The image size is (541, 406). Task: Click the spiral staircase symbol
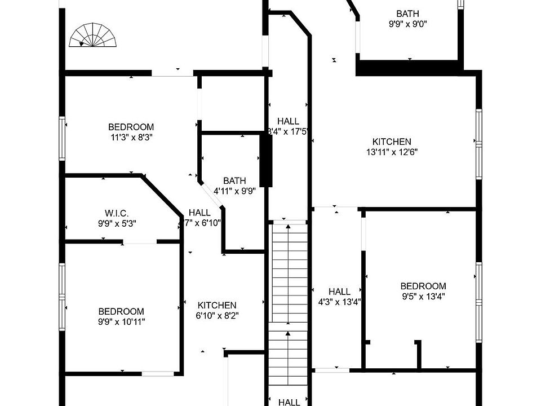pyautogui.click(x=93, y=35)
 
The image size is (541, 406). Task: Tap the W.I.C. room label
pyautogui.click(x=117, y=213)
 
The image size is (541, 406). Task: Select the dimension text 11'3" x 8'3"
pyautogui.click(x=131, y=136)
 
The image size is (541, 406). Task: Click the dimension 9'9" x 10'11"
pyautogui.click(x=121, y=321)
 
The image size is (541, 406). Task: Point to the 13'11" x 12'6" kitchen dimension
pyautogui.click(x=392, y=151)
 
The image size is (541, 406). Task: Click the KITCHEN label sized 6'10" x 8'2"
pyautogui.click(x=217, y=305)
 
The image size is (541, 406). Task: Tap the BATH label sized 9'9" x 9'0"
pyautogui.click(x=407, y=14)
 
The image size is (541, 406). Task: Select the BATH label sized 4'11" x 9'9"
pyautogui.click(x=234, y=181)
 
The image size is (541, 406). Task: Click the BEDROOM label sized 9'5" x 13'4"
pyautogui.click(x=423, y=286)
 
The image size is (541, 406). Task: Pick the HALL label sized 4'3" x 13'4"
pyautogui.click(x=339, y=292)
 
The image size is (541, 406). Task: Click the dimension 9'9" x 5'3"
pyautogui.click(x=117, y=223)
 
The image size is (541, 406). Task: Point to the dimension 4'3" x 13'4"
pyautogui.click(x=339, y=301)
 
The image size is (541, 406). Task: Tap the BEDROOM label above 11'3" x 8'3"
pyautogui.click(x=131, y=127)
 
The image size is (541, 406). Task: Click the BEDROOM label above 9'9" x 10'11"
pyautogui.click(x=121, y=311)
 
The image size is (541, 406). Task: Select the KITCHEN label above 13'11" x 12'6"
pyautogui.click(x=392, y=142)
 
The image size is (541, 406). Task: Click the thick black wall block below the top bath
pyautogui.click(x=409, y=67)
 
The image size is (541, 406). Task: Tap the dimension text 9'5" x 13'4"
pyautogui.click(x=423, y=296)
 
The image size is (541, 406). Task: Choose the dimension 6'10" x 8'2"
pyautogui.click(x=217, y=315)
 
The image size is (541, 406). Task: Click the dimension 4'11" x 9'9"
pyautogui.click(x=234, y=191)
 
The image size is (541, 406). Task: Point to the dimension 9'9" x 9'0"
pyautogui.click(x=407, y=24)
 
